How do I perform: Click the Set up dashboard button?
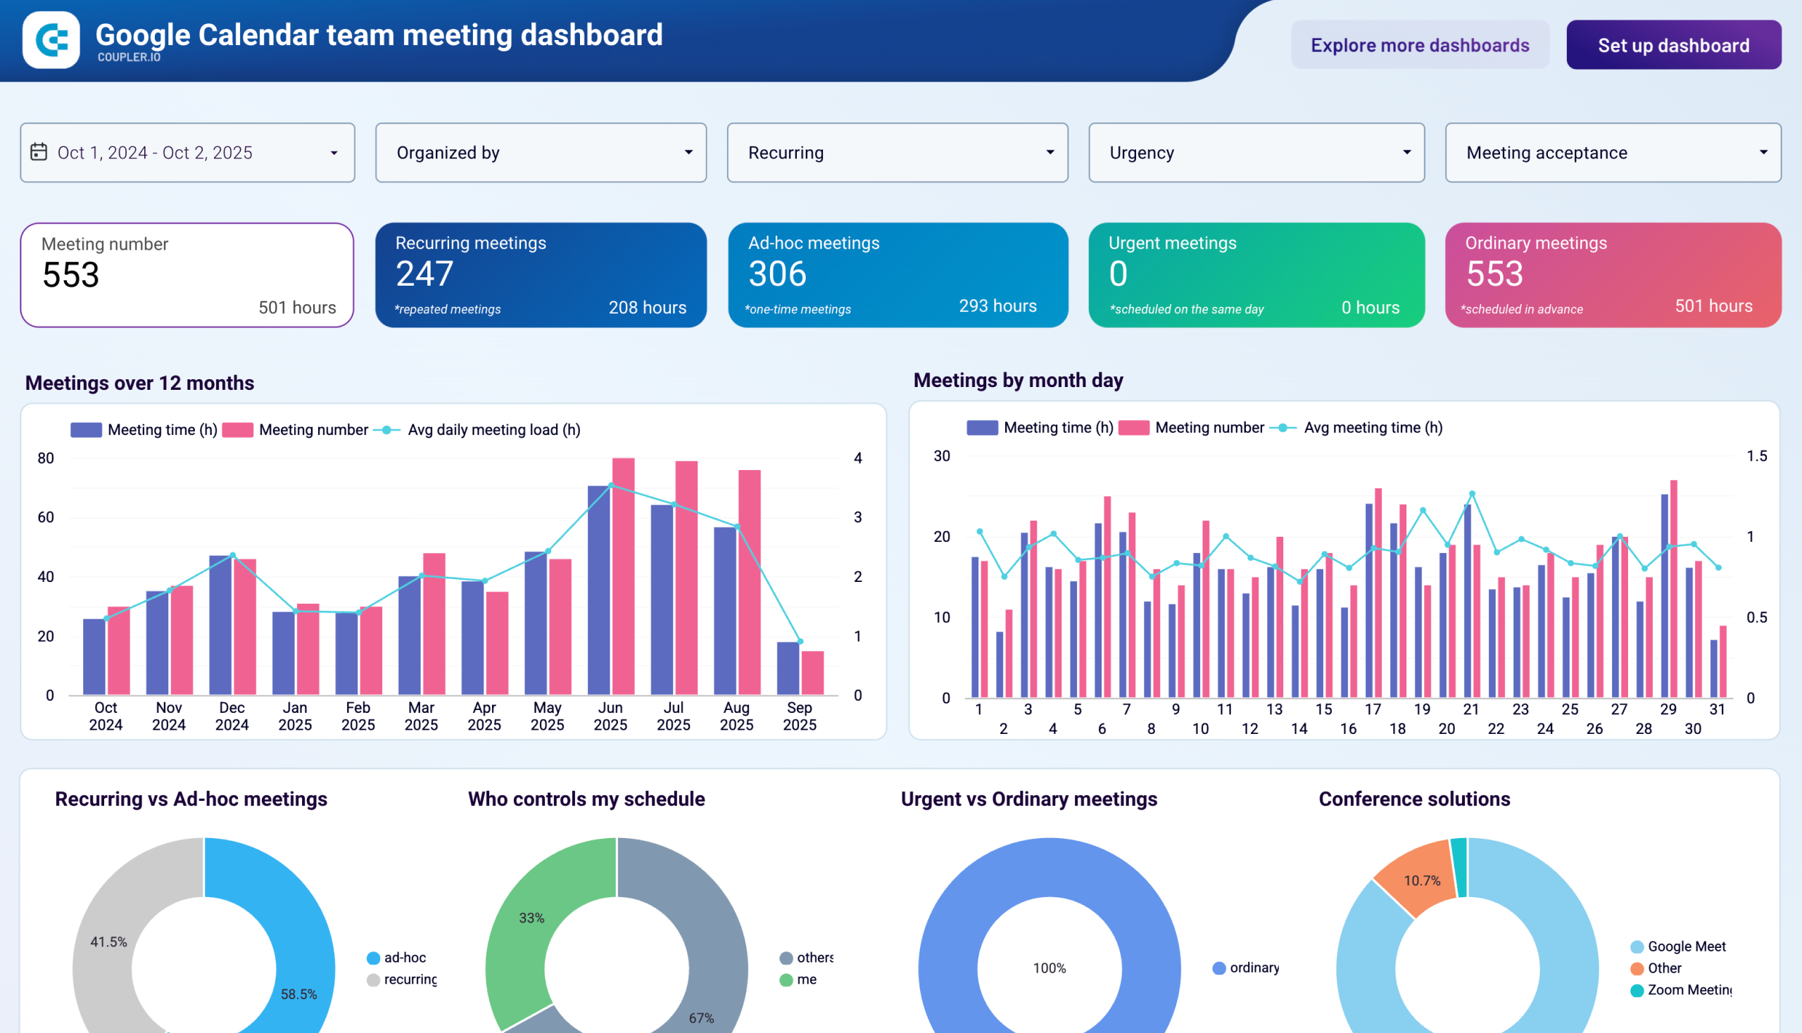[x=1672, y=46]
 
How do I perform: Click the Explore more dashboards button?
[x=1420, y=46]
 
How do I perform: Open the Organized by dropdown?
[x=540, y=153]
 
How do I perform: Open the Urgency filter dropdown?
[x=1256, y=153]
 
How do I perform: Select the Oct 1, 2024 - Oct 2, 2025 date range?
[x=187, y=153]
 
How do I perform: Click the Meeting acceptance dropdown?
[x=1613, y=153]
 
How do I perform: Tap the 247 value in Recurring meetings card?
[x=424, y=274]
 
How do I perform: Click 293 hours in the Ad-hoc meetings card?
[x=997, y=306]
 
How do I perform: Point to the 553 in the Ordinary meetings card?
[x=1494, y=274]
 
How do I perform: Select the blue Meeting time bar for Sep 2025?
[x=788, y=668]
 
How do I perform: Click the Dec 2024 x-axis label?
[x=232, y=716]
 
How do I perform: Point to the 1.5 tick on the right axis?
[x=1756, y=456]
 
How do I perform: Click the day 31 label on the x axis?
[x=1717, y=709]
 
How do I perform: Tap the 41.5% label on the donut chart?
[x=108, y=942]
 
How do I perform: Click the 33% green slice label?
[x=531, y=918]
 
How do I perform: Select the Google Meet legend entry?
[x=1686, y=946]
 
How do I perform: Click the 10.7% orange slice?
[x=1422, y=880]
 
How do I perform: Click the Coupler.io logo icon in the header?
[x=51, y=39]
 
